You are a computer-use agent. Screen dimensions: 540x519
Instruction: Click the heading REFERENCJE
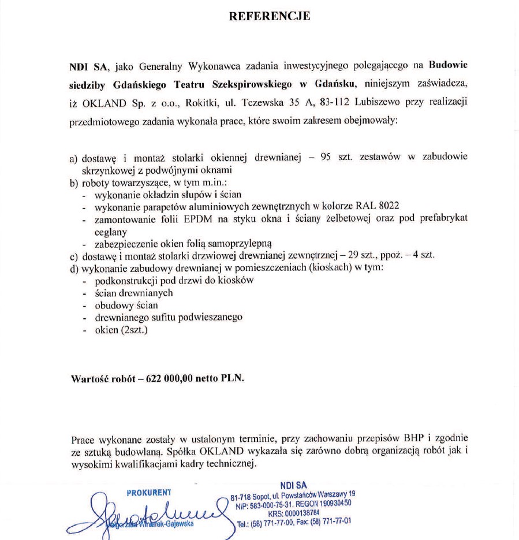270,16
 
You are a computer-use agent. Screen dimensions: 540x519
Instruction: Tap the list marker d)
74,268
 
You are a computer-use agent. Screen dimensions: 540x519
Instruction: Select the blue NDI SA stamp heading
293,485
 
